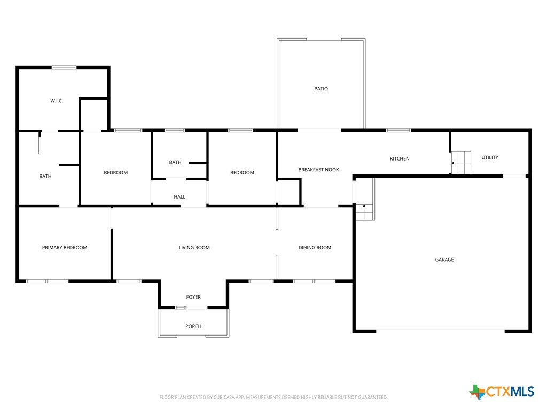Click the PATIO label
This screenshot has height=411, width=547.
321,89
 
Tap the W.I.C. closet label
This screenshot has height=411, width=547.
57,101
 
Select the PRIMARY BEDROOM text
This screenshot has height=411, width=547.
65,247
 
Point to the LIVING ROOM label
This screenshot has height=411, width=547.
194,247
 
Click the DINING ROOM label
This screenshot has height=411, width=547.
315,247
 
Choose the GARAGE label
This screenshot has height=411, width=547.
444,260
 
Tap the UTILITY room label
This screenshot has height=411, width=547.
490,158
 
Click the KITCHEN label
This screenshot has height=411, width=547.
400,158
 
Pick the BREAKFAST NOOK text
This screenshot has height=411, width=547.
318,170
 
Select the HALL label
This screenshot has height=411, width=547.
179,197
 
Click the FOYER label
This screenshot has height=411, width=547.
193,297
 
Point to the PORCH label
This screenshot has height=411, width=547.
193,326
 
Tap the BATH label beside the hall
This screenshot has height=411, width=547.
175,162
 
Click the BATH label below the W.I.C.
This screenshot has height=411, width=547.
45,176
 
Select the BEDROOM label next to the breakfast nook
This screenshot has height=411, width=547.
242,173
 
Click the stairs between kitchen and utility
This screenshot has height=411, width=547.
461,163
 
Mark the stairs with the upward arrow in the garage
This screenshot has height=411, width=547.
364,212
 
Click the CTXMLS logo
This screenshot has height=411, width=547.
502,392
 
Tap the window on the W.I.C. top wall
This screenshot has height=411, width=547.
64,67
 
